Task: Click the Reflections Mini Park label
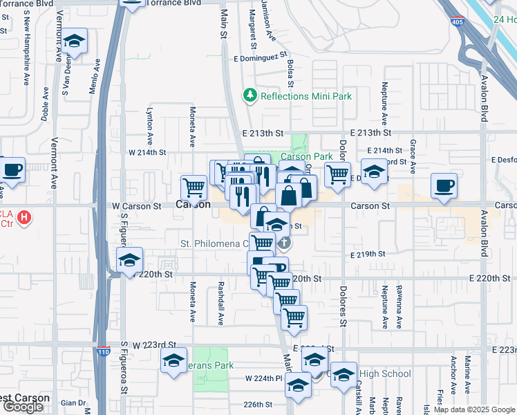306,96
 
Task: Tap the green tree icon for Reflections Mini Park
250,95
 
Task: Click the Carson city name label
193,205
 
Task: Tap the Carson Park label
306,156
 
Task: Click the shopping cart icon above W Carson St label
194,186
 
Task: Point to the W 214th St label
147,152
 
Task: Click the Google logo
23,407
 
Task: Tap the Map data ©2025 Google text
473,409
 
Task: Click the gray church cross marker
284,243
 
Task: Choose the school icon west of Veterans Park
173,360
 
